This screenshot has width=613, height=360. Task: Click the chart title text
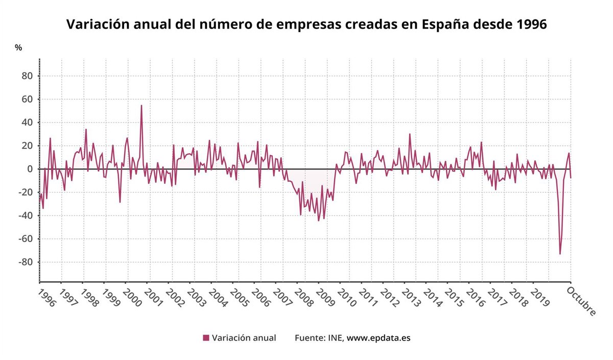306,24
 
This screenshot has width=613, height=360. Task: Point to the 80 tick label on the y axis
27,76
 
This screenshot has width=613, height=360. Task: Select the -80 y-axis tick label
25,262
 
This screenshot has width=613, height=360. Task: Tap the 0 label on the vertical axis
30,169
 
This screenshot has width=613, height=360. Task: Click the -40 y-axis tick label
25,216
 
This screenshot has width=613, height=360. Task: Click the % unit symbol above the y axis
18,47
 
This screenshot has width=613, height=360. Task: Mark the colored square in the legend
206,338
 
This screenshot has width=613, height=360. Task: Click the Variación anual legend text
244,338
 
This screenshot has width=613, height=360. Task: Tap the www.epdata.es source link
379,338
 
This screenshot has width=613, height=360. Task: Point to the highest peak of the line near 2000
142,105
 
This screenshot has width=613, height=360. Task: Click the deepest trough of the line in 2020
560,254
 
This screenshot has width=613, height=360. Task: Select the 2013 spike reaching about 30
410,134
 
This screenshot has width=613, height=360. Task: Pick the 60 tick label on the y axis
27,100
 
